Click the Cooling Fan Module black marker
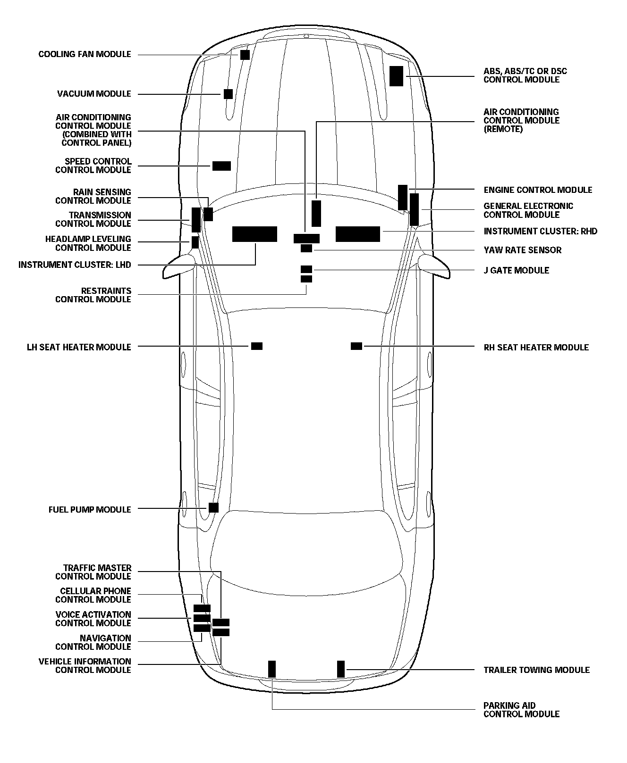tap(245, 55)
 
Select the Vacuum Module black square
tap(229, 94)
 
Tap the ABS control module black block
tap(397, 76)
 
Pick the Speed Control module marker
tap(221, 166)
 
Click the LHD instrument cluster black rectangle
tap(254, 234)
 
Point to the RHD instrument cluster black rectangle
tap(358, 234)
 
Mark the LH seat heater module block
tap(257, 346)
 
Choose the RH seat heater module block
tap(356, 346)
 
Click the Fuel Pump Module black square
tap(213, 507)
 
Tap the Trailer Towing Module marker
tap(341, 669)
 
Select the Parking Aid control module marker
tap(272, 669)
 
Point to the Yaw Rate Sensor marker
tap(306, 249)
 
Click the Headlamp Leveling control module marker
tap(195, 242)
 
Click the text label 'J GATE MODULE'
tap(516, 270)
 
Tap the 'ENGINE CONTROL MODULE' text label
tap(538, 190)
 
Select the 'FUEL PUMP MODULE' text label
tap(90, 510)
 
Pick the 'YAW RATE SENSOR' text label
tap(522, 250)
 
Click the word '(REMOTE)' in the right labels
tap(503, 129)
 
